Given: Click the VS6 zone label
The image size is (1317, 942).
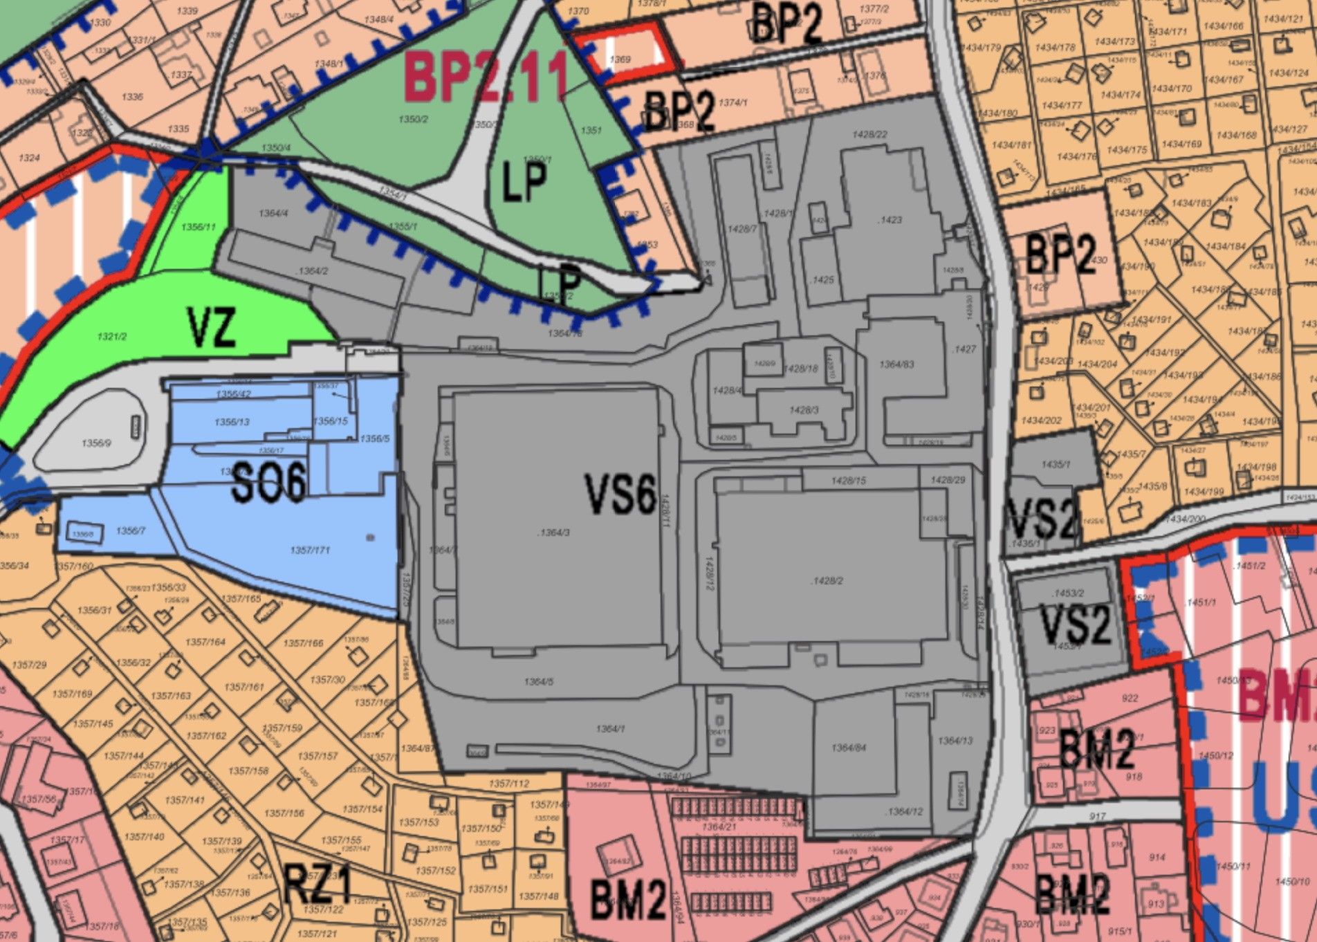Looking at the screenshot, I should (x=620, y=493).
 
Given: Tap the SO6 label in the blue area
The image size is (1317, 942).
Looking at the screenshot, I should (x=268, y=483).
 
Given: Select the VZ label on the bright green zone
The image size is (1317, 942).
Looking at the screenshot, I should (x=212, y=327).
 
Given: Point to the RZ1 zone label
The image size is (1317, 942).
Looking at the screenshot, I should (x=317, y=885).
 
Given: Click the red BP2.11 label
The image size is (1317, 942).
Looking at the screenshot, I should (x=486, y=77).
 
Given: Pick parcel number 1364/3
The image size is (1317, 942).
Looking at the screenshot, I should (x=553, y=533).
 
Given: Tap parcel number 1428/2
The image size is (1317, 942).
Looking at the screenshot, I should (x=827, y=580).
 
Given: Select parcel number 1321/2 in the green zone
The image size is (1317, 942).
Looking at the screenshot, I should (x=112, y=336).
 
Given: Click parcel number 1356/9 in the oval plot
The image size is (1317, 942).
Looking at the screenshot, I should (x=95, y=443).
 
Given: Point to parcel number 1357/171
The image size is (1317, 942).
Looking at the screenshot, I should (x=310, y=550).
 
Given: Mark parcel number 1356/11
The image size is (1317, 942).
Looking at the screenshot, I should (x=199, y=227).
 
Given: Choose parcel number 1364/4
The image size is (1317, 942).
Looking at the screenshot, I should (x=273, y=214).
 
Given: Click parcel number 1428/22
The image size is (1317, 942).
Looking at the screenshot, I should (x=870, y=135).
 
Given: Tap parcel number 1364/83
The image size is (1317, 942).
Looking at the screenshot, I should (x=896, y=364).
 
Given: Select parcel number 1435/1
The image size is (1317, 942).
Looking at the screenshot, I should (x=1056, y=464).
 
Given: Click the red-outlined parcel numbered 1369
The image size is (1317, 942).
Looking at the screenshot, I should (x=620, y=59).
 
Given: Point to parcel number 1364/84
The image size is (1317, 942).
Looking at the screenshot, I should (x=849, y=748).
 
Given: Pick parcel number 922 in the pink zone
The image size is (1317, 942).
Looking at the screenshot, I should (x=1130, y=698).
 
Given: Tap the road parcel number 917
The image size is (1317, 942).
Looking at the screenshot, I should (x=1098, y=816).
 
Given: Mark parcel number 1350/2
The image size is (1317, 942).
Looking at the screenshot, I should (x=413, y=119).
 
